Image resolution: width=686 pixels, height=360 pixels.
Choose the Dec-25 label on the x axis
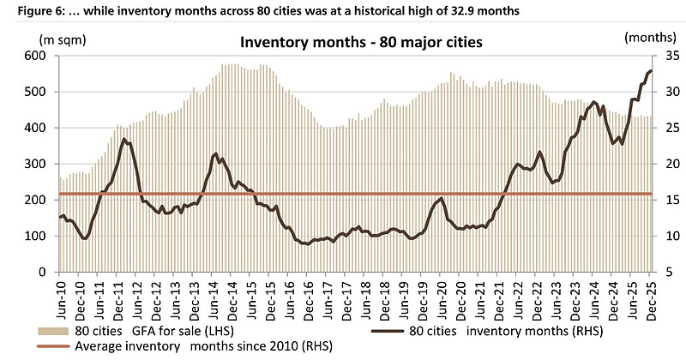[652, 297]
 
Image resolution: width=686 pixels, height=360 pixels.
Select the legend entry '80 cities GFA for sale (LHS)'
[137, 330]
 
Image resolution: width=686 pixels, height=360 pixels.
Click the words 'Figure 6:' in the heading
[28, 9]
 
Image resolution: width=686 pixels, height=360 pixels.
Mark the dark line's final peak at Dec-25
[651, 71]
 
